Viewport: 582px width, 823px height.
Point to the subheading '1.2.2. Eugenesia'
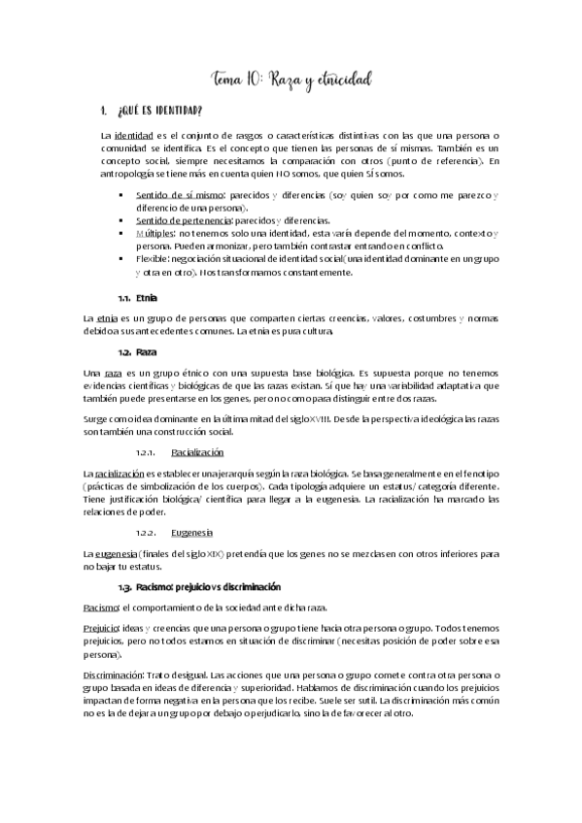tap(192, 532)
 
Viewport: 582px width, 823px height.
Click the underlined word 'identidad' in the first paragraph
tap(132, 134)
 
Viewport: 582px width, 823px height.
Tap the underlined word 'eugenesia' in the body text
tap(121, 553)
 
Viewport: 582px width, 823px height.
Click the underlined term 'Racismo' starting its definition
tap(104, 607)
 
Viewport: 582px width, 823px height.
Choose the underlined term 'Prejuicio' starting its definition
tap(105, 628)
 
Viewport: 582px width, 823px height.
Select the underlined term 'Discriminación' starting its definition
tap(116, 674)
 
